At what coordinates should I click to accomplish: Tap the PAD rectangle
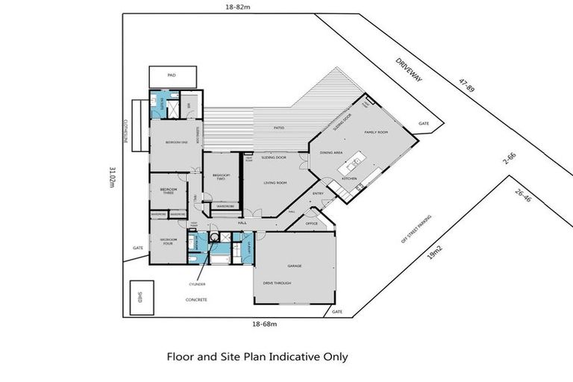(172, 76)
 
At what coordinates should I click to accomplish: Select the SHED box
(141, 296)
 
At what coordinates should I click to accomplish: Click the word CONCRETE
(196, 299)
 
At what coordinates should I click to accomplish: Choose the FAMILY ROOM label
(375, 132)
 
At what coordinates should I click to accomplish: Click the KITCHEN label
(349, 179)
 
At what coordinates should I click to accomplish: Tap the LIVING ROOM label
(275, 183)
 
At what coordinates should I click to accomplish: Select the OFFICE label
(311, 223)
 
